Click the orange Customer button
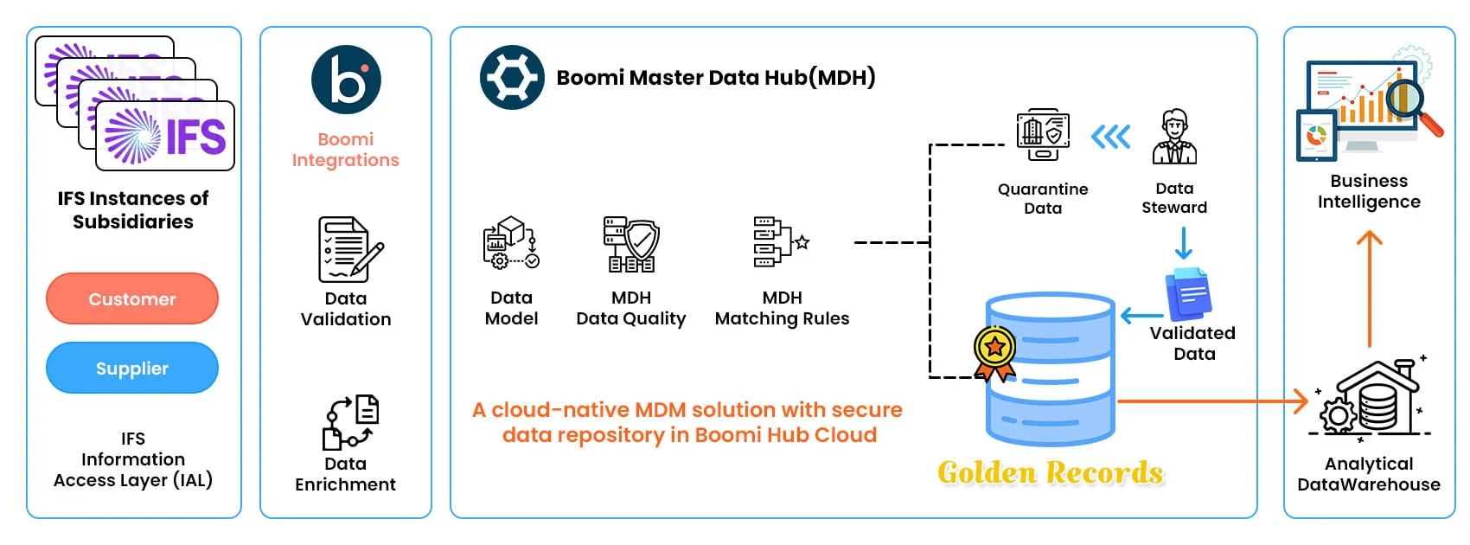(132, 299)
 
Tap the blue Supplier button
(132, 369)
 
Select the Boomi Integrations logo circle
(346, 80)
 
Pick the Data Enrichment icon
(350, 422)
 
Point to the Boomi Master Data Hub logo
(512, 78)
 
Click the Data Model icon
(511, 243)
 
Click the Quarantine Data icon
(1043, 135)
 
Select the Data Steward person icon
(1174, 138)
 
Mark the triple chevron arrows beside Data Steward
(1111, 137)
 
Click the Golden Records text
(1051, 472)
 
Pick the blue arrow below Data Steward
(1183, 243)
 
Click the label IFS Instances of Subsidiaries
(133, 210)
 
